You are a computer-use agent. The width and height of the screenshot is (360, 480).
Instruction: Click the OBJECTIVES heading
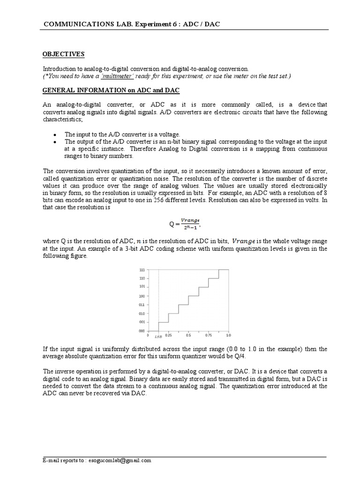pos(63,54)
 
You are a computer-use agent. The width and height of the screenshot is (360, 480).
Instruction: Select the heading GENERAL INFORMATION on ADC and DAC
pos(111,90)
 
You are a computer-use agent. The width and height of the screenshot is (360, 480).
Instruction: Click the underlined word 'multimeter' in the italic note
pos(121,76)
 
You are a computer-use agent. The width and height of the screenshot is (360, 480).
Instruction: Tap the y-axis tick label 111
pos(142,270)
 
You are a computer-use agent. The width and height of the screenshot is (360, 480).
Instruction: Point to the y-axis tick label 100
pos(142,296)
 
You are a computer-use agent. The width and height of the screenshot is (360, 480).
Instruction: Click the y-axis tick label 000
pos(142,331)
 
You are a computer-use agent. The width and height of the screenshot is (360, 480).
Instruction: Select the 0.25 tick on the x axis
pos(168,336)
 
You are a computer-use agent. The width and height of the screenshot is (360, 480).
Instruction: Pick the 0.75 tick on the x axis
pos(208,336)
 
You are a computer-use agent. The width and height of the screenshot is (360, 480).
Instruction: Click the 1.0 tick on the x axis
pos(228,336)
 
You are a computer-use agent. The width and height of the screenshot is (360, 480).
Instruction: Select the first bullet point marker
pos(55,134)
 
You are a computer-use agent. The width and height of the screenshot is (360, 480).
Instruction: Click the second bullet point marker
pos(55,142)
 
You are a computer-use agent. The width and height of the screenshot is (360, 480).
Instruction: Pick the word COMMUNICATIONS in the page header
pos(70,23)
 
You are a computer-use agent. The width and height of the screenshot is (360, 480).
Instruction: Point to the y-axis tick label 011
pos(142,305)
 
